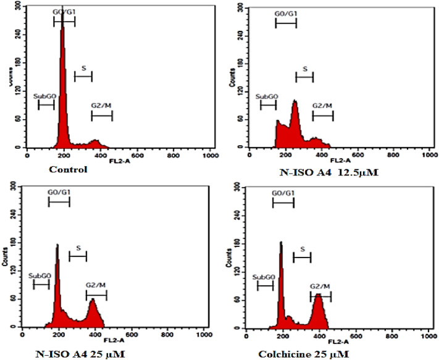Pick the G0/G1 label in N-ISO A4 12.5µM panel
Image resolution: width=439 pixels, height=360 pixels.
[x=285, y=13]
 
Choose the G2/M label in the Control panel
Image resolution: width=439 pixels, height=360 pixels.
[x=101, y=106]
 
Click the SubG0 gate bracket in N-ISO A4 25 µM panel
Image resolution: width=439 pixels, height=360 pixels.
[x=41, y=284]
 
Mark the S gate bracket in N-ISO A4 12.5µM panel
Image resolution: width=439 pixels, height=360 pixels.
[x=304, y=77]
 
